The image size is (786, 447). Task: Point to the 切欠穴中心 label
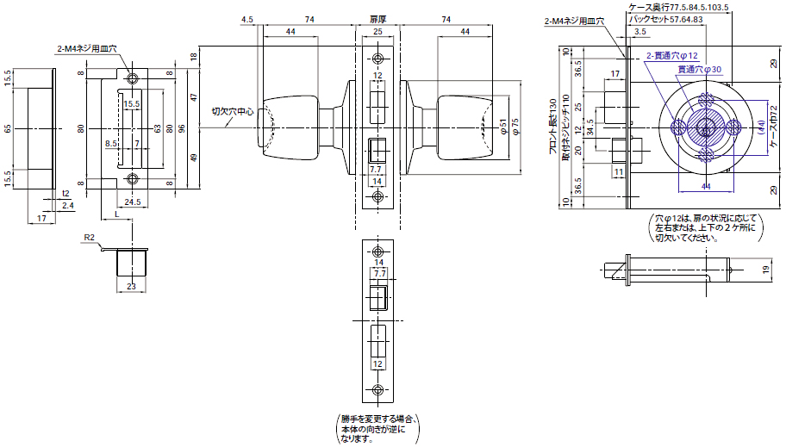pyautogui.click(x=233, y=111)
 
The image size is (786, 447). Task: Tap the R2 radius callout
pyautogui.click(x=89, y=236)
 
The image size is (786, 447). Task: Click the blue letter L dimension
pyautogui.click(x=116, y=213)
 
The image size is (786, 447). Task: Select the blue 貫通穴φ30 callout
pyautogui.click(x=699, y=68)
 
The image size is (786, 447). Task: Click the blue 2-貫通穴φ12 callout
pyautogui.click(x=671, y=56)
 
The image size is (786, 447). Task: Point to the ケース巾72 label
pyautogui.click(x=773, y=128)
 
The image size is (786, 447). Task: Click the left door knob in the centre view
pyautogui.click(x=289, y=128)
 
